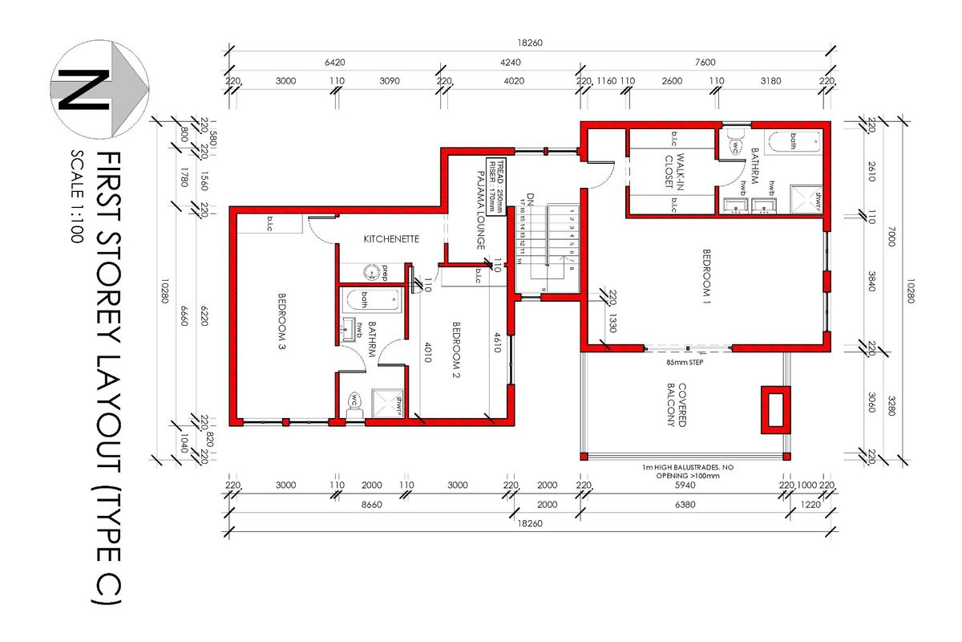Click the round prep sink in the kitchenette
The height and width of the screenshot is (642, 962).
click(372, 271)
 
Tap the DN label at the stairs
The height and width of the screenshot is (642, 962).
click(530, 195)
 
